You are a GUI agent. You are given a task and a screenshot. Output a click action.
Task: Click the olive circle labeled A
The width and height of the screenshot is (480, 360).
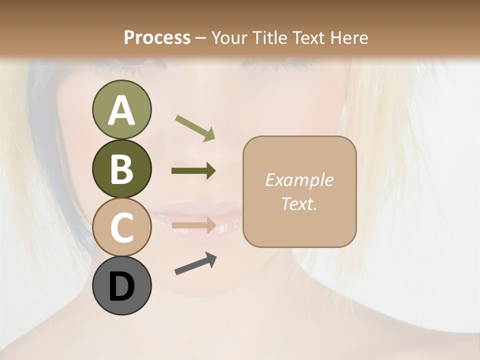click(121, 109)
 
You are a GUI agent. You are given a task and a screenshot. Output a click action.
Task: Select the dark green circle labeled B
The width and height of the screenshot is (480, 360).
click(121, 168)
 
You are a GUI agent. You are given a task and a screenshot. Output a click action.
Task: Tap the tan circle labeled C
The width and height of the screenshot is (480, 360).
click(121, 227)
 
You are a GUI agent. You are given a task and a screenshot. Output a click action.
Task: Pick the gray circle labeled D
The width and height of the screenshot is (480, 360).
click(121, 285)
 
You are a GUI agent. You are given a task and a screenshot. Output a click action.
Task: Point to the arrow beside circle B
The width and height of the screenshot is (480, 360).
click(193, 171)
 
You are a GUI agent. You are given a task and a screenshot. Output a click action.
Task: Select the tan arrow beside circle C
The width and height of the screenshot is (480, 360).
click(194, 225)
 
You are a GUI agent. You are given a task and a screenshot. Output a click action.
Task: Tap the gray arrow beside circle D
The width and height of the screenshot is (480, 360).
click(195, 264)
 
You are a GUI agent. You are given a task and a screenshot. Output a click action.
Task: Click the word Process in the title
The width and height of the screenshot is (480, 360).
click(157, 37)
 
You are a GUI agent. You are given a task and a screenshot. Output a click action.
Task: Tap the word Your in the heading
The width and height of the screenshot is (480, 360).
click(228, 37)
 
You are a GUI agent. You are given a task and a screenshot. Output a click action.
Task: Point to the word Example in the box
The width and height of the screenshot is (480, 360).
click(299, 180)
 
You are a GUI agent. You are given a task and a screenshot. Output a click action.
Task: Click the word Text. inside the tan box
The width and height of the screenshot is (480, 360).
click(299, 204)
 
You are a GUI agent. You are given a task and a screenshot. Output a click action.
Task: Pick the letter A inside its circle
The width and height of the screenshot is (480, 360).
click(121, 110)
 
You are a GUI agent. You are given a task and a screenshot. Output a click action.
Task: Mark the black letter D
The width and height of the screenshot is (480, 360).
click(121, 286)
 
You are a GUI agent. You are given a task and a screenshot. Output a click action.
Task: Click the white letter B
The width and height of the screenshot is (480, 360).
click(121, 169)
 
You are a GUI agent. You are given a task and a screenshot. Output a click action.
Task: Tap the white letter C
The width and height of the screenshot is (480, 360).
click(121, 227)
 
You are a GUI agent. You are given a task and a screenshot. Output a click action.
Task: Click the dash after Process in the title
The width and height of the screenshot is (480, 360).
click(201, 38)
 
